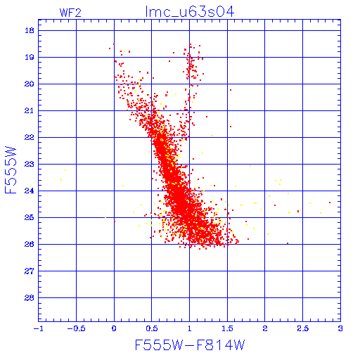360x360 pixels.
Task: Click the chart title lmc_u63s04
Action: pyautogui.click(x=190, y=12)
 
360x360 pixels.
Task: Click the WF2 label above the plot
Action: pyautogui.click(x=70, y=13)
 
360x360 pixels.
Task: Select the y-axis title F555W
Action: pyautogui.click(x=11, y=170)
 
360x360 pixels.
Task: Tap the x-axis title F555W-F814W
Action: pyautogui.click(x=190, y=345)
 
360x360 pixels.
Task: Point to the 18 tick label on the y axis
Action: pyautogui.click(x=30, y=30)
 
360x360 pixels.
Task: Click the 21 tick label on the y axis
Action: pyautogui.click(x=30, y=110)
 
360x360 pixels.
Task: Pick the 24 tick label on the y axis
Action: pyautogui.click(x=30, y=191)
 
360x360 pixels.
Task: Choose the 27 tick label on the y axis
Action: pyautogui.click(x=30, y=271)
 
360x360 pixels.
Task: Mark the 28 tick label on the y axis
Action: pyautogui.click(x=30, y=298)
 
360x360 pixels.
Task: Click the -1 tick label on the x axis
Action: pyautogui.click(x=39, y=328)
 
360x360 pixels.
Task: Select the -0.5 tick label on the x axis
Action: pyautogui.click(x=77, y=328)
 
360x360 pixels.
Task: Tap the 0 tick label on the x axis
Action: pyautogui.click(x=114, y=328)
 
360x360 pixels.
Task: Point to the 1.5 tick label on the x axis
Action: pyautogui.click(x=227, y=328)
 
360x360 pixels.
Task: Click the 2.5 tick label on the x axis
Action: pyautogui.click(x=303, y=328)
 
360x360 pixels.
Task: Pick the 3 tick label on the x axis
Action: pyautogui.click(x=340, y=328)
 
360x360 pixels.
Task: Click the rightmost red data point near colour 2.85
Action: pyautogui.click(x=330, y=202)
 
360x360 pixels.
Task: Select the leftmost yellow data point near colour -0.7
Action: pyautogui.click(x=61, y=180)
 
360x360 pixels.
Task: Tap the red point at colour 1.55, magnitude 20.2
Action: pyautogui.click(x=231, y=90)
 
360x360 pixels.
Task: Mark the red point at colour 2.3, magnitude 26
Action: pyautogui.click(x=288, y=243)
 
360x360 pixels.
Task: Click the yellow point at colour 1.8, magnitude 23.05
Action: pyautogui.click(x=250, y=166)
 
